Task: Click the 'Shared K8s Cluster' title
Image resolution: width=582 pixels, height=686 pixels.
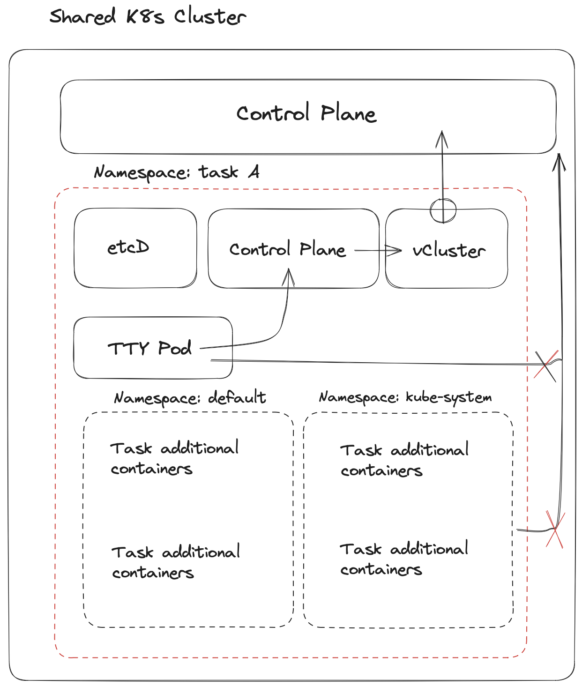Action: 148,17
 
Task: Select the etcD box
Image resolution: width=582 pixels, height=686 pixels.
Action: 135,248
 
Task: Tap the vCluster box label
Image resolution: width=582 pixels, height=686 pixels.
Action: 448,251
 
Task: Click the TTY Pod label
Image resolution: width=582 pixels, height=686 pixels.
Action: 149,348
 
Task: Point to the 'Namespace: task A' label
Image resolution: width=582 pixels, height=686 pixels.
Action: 176,172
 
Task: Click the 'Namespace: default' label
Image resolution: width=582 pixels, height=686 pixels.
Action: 190,398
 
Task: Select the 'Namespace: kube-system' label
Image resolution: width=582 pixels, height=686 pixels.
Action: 405,397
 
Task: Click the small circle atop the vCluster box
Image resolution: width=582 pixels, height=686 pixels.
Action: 443,211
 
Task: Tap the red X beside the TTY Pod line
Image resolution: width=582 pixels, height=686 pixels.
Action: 546,365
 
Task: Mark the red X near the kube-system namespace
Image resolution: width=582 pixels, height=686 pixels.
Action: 555,529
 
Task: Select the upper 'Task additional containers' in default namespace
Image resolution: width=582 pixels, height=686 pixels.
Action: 174,458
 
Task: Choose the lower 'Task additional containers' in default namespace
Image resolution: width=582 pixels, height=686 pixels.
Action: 176,562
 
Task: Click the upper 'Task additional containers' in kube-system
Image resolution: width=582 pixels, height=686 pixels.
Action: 404,460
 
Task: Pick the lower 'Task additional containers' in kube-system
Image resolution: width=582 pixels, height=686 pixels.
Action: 403,559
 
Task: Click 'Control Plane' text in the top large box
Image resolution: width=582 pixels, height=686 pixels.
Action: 306,113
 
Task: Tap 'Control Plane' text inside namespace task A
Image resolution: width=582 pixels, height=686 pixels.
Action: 287,249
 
